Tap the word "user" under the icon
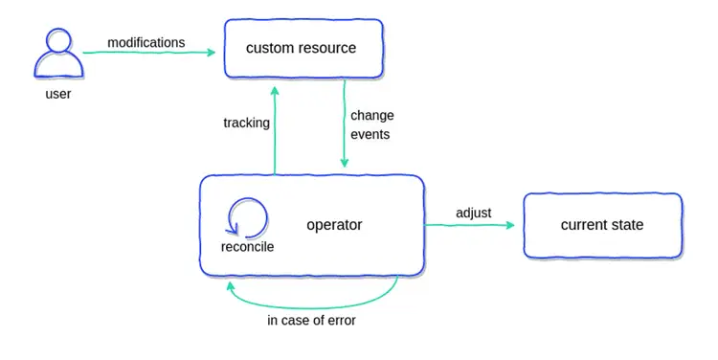[58, 95]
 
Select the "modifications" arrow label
[146, 43]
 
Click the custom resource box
[303, 48]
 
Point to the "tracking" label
[246, 123]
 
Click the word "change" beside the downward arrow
[371, 116]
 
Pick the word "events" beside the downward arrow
[370, 135]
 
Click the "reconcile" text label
[247, 247]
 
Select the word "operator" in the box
[334, 225]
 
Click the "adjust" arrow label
[473, 213]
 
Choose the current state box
[602, 225]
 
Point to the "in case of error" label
[311, 320]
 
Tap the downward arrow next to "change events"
[344, 124]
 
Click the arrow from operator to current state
[469, 225]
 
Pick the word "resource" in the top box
[327, 48]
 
